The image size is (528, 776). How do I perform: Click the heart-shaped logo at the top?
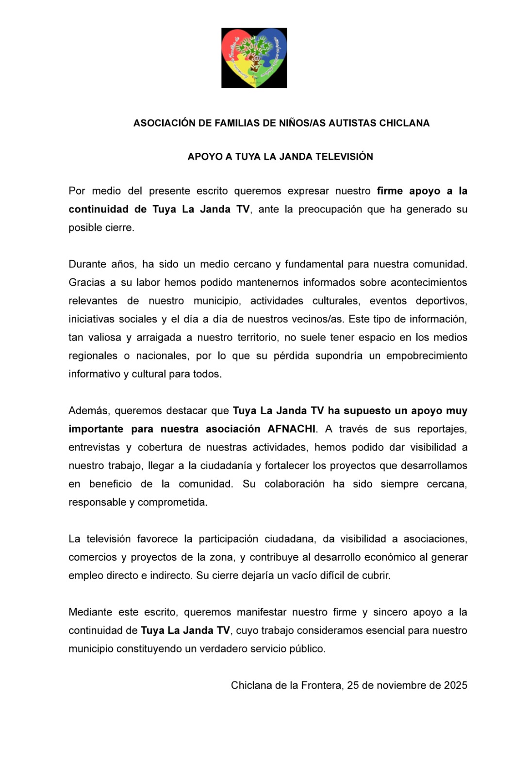(x=254, y=58)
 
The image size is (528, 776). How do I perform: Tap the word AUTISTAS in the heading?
(x=352, y=123)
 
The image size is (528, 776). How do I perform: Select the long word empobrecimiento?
(x=427, y=356)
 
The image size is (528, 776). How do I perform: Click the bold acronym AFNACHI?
(x=291, y=429)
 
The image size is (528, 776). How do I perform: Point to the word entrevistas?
(x=94, y=448)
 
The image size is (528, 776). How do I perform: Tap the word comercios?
(x=92, y=558)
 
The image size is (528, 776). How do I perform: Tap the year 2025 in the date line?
(x=455, y=685)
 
